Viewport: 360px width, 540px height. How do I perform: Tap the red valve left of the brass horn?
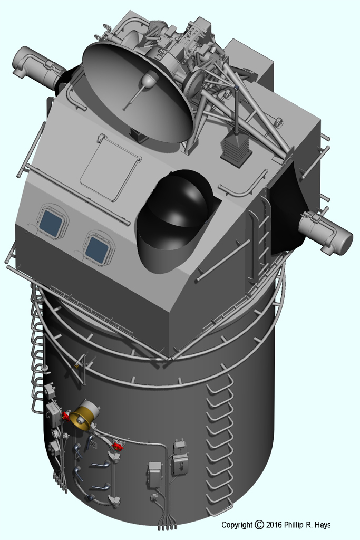click(65, 416)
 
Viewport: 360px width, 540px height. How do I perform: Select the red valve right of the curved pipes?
click(118, 447)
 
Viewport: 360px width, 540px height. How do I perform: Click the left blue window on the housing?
click(51, 223)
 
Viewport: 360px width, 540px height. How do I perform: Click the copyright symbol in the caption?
click(259, 525)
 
